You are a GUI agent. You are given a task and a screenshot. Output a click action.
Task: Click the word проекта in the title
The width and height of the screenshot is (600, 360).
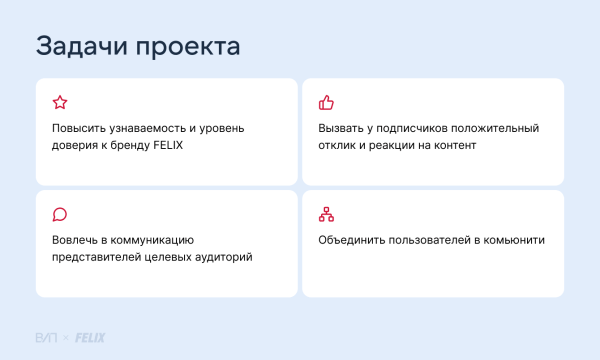(189, 48)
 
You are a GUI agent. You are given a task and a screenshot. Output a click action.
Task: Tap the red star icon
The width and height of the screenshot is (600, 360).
(59, 102)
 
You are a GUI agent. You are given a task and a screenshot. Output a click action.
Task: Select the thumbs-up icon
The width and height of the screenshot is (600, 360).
(325, 102)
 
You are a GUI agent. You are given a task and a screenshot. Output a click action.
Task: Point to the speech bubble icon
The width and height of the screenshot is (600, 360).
(59, 214)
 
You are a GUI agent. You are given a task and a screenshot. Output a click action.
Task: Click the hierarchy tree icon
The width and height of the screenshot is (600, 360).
(325, 214)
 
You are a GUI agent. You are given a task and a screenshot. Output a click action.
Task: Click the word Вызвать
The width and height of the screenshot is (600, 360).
(341, 129)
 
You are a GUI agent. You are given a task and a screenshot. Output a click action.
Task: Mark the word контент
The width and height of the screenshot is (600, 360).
(453, 146)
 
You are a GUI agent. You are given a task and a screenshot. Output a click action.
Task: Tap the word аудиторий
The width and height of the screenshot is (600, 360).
(223, 258)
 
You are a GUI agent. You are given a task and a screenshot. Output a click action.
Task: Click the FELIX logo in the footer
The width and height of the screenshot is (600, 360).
(90, 337)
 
